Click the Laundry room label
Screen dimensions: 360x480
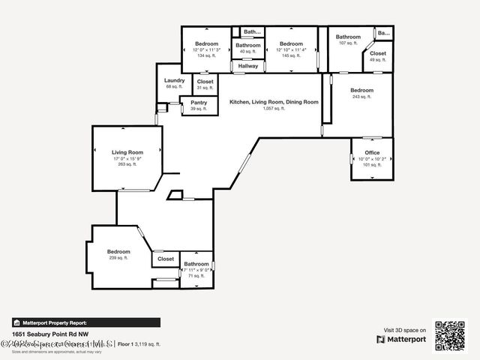click(x=174, y=81)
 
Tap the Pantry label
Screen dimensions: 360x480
click(x=199, y=103)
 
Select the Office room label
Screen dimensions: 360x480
click(x=372, y=153)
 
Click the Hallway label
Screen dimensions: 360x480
click(x=248, y=66)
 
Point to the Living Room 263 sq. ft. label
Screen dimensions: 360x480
click(x=127, y=152)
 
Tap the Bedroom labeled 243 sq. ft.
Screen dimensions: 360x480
click(x=361, y=91)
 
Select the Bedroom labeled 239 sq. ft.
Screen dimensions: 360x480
click(x=118, y=252)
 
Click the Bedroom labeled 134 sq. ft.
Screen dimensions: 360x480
click(x=206, y=44)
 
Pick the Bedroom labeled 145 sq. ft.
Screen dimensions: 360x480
click(x=290, y=44)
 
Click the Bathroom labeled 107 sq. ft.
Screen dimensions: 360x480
click(x=348, y=37)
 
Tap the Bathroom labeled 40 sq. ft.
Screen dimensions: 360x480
click(x=248, y=46)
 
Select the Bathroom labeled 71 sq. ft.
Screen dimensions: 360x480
click(x=196, y=264)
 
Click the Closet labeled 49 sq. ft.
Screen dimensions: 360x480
click(x=378, y=54)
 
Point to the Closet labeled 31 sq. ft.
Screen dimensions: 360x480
click(x=205, y=82)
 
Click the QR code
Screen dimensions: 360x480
click(x=450, y=335)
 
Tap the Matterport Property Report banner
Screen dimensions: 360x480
click(x=85, y=322)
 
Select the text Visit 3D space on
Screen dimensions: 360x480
click(x=405, y=330)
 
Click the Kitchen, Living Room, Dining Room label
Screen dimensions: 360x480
click(x=274, y=102)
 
